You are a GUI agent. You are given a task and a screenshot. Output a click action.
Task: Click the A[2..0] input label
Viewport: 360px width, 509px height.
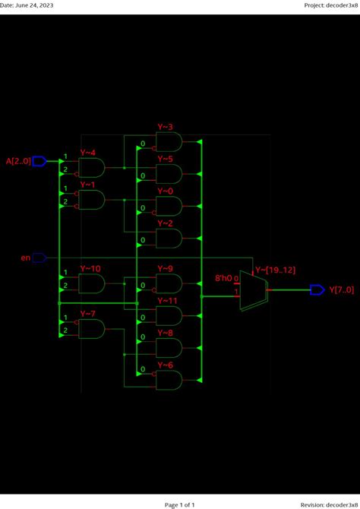pyautogui.click(x=18, y=161)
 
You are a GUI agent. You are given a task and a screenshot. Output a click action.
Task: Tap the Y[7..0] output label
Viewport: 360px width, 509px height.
pyautogui.click(x=341, y=289)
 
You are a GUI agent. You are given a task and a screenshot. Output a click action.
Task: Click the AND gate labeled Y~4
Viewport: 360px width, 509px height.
pyautogui.click(x=92, y=167)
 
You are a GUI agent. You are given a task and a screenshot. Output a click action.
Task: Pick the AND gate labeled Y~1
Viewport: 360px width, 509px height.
pyautogui.click(x=92, y=199)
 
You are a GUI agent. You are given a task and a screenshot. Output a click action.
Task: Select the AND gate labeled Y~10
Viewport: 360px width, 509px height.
pyautogui.click(x=92, y=283)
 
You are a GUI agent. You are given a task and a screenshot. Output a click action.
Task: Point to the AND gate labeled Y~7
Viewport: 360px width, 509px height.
pyautogui.click(x=92, y=328)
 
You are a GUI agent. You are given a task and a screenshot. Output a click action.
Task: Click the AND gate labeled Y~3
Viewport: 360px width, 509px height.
pyautogui.click(x=169, y=141)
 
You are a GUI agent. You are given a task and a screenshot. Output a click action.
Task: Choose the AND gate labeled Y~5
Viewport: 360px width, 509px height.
pyautogui.click(x=169, y=174)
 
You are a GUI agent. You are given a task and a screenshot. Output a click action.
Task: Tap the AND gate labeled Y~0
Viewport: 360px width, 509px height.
pyautogui.click(x=169, y=206)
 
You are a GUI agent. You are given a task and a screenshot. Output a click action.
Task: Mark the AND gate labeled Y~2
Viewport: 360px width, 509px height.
pyautogui.click(x=169, y=239)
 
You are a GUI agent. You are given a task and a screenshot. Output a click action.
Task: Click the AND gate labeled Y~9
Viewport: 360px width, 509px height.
pyautogui.click(x=169, y=283)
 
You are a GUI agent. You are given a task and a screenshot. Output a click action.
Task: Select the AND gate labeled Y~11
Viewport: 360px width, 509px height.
pyautogui.click(x=169, y=315)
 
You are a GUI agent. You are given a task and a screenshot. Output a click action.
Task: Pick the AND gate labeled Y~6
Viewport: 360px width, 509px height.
pyautogui.click(x=169, y=379)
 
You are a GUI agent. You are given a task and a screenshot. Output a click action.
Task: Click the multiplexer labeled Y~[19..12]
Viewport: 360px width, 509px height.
pyautogui.click(x=252, y=289)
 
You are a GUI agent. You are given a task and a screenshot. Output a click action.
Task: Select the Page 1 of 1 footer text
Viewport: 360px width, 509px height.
pyautogui.click(x=180, y=504)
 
